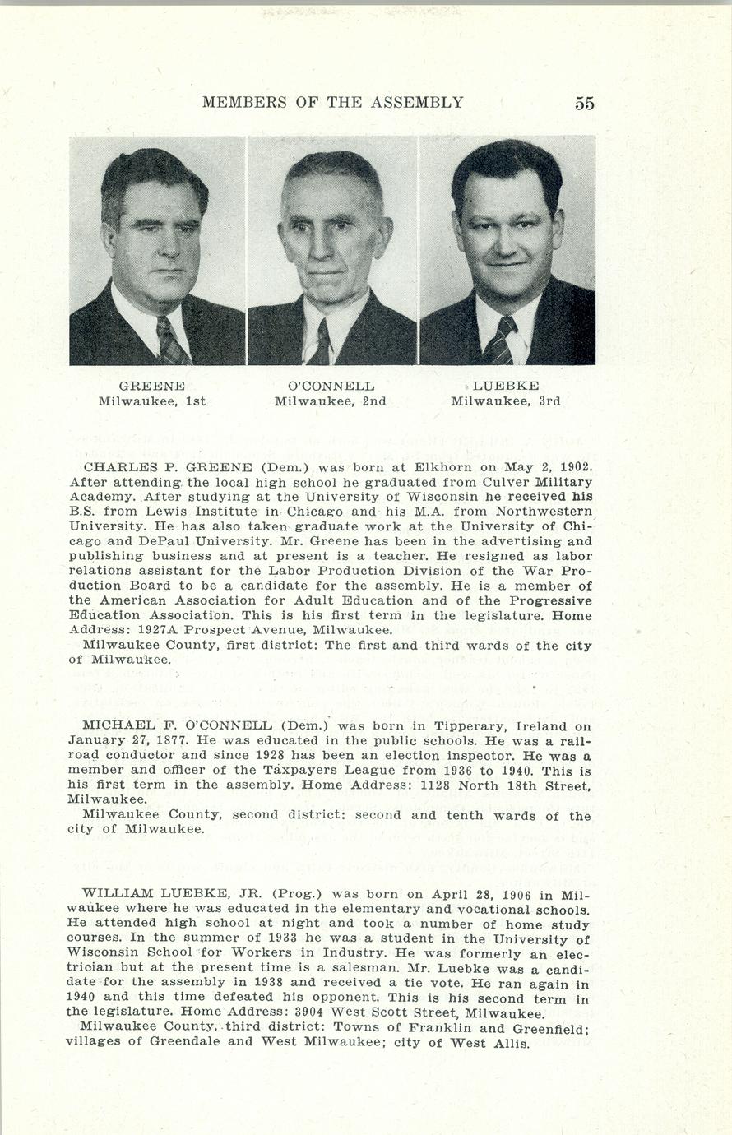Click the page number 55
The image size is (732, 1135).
(x=584, y=103)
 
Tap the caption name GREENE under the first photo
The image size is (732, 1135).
(x=151, y=386)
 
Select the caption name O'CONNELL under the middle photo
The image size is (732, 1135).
(x=331, y=386)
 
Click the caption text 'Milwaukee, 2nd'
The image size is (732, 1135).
(x=331, y=401)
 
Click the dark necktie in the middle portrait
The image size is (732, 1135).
(x=320, y=344)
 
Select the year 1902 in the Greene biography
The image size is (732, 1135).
(x=577, y=466)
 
